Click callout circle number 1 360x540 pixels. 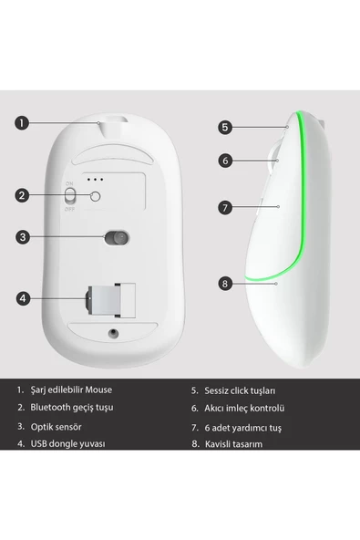coord(24,121)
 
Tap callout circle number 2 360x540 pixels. coord(24,195)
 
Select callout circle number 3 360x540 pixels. coord(24,238)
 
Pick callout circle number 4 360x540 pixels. coord(24,296)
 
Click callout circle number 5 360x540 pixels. coord(225,128)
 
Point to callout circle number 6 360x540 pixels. coord(225,160)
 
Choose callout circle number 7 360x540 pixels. coord(225,207)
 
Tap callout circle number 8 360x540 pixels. coord(225,284)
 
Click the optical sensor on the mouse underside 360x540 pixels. coord(115,238)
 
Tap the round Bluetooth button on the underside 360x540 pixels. coord(95,195)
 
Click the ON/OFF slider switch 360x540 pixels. coord(70,195)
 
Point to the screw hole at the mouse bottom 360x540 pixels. coord(114,334)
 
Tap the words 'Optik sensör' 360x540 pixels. coord(57,426)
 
